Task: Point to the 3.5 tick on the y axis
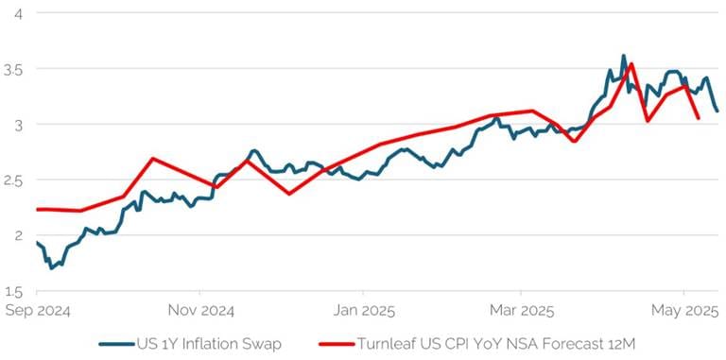click(13, 69)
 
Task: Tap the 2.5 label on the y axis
click(13, 180)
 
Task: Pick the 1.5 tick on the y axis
click(13, 290)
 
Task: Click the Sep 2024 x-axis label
click(38, 310)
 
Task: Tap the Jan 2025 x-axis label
click(363, 310)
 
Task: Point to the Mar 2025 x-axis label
click(521, 310)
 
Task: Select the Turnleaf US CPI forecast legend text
click(496, 344)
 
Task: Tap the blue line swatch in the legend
click(117, 344)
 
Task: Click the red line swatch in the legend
click(337, 344)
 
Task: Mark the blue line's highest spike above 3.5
click(623, 56)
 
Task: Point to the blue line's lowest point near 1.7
click(52, 268)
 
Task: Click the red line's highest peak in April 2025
click(631, 65)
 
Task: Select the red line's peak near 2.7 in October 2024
click(152, 159)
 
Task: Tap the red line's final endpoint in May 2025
click(698, 118)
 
